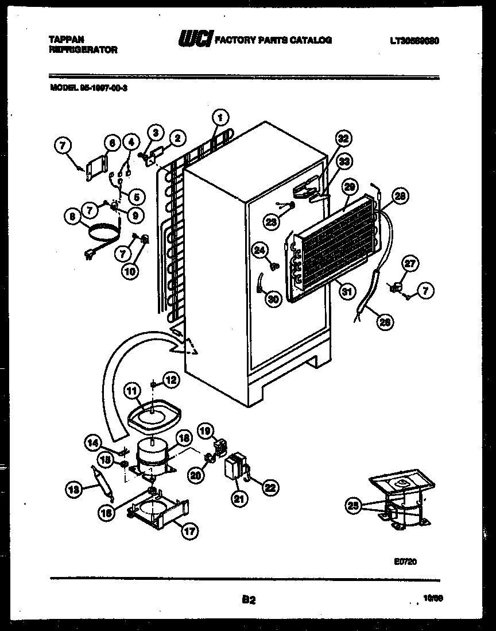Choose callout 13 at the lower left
[x=73, y=490]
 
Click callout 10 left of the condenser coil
[x=130, y=271]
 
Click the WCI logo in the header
[x=195, y=40]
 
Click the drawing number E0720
[x=405, y=561]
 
